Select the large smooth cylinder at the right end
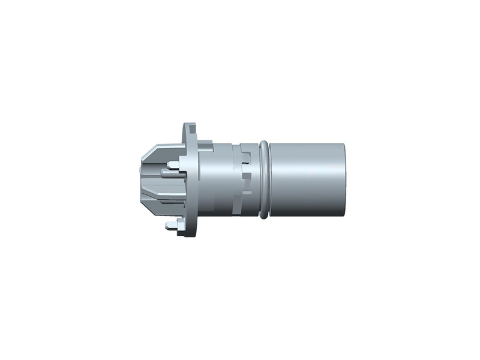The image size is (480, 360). pyautogui.click(x=307, y=179)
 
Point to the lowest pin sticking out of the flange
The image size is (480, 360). pyautogui.click(x=173, y=226)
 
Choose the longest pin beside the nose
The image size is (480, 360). pyautogui.click(x=171, y=175)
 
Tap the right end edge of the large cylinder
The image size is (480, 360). pyautogui.click(x=346, y=179)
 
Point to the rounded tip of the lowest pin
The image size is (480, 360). pyautogui.click(x=166, y=226)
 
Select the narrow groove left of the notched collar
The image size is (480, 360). pyautogui.click(x=235, y=180)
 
